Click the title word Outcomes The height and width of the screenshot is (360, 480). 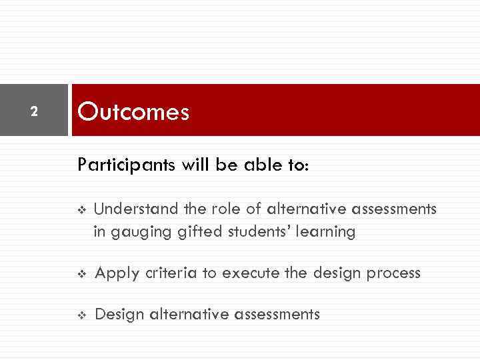pos(133,111)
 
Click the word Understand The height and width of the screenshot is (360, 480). pos(136,209)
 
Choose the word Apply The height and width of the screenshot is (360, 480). pos(115,273)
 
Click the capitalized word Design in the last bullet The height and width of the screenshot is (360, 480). pos(119,314)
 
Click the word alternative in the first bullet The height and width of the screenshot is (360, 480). pos(305,209)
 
